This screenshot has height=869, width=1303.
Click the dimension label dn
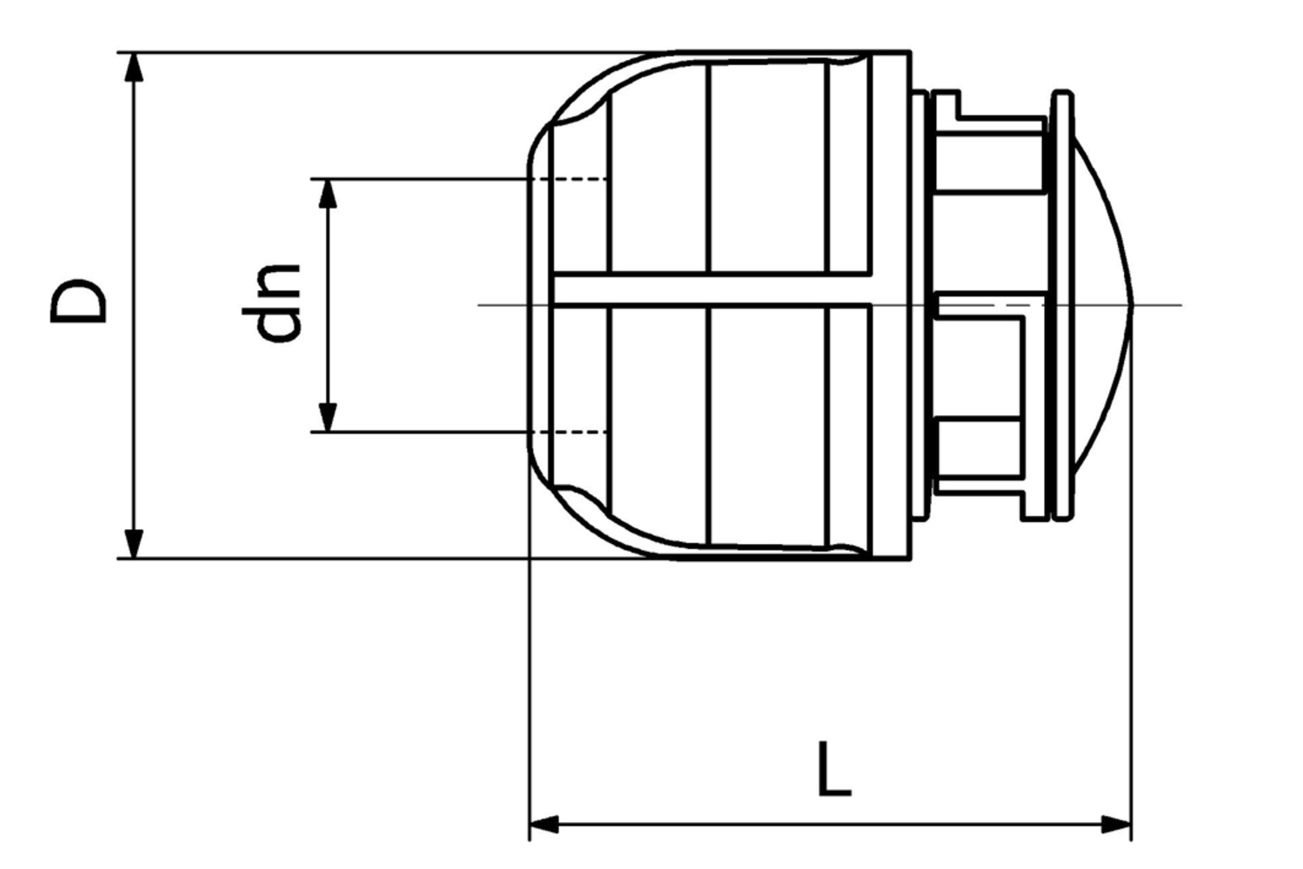tap(272, 302)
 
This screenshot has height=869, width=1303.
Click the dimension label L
tap(834, 769)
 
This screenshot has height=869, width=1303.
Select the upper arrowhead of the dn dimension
tap(327, 194)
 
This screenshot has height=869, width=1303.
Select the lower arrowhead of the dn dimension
tap(327, 416)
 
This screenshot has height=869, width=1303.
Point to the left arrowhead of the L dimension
tap(544, 823)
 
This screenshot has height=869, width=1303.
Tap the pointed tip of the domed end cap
tap(1133, 305)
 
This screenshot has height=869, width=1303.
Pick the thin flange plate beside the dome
tap(1061, 305)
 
